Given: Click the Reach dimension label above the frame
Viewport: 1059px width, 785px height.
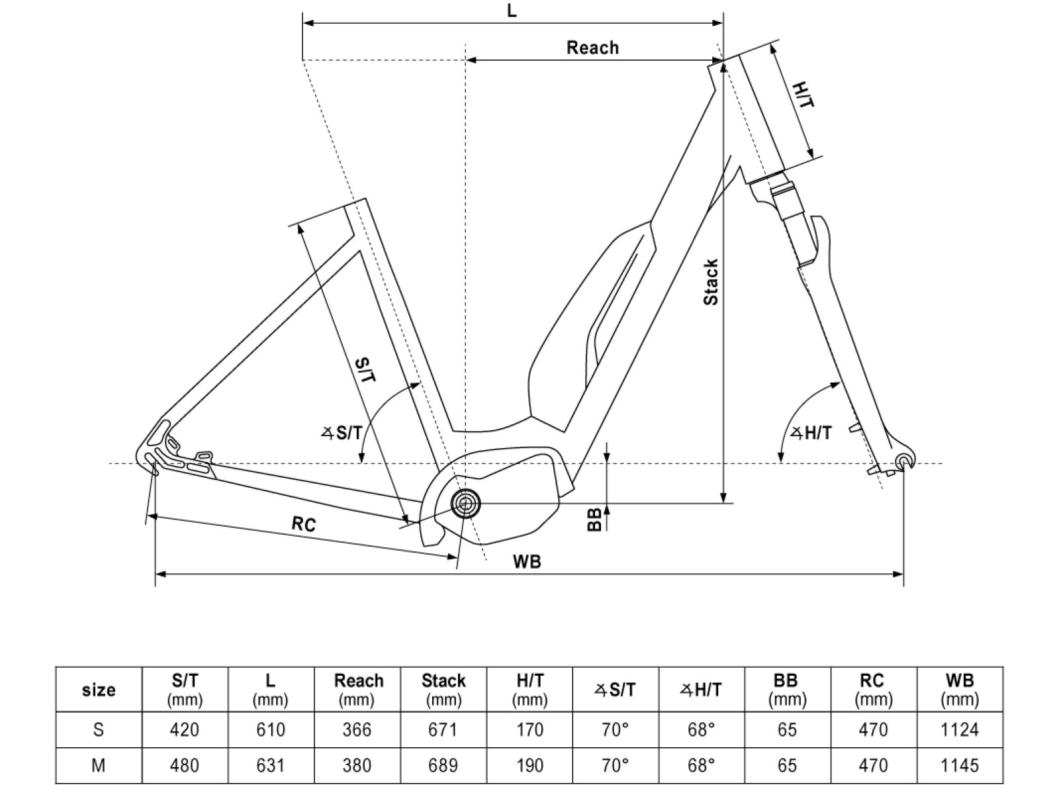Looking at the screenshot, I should pyautogui.click(x=592, y=48).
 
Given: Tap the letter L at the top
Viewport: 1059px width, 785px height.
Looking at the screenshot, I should pyautogui.click(x=512, y=11).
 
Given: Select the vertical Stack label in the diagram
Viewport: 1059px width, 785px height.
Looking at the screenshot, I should pyautogui.click(x=711, y=283).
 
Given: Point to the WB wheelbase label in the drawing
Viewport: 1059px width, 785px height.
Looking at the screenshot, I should pyautogui.click(x=527, y=562).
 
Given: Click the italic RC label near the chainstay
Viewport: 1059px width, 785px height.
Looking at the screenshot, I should pyautogui.click(x=304, y=524).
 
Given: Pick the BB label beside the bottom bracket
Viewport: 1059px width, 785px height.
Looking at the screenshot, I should pyautogui.click(x=595, y=520).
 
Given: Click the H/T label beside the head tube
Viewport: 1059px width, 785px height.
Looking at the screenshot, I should pyautogui.click(x=803, y=95).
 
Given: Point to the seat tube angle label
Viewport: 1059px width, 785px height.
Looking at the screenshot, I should pyautogui.click(x=342, y=434).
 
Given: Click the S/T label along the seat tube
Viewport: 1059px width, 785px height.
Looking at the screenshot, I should pyautogui.click(x=366, y=370).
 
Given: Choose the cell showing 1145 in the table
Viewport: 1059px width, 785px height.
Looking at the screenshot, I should pyautogui.click(x=959, y=766).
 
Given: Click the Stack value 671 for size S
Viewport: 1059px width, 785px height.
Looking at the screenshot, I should pyautogui.click(x=443, y=730).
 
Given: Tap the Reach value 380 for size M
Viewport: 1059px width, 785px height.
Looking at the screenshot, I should pyautogui.click(x=357, y=766).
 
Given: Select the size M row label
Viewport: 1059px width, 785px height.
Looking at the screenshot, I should pyautogui.click(x=99, y=766).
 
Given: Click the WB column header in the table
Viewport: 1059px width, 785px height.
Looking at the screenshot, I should pyautogui.click(x=959, y=689).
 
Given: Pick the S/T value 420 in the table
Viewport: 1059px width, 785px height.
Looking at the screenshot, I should pyautogui.click(x=185, y=730).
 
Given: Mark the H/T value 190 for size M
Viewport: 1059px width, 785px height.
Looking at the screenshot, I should pyautogui.click(x=529, y=766).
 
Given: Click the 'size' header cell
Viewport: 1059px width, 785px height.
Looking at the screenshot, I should pyautogui.click(x=99, y=690).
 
